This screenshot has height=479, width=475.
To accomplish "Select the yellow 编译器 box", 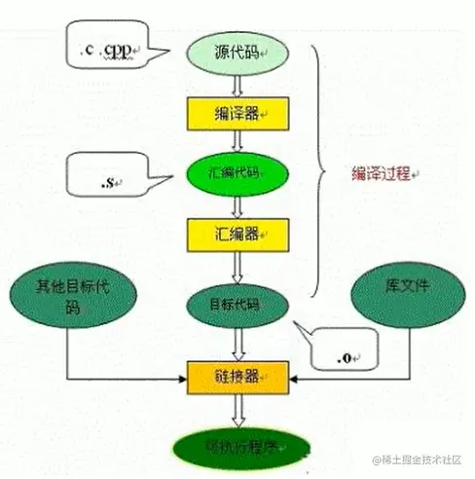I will click(237, 113).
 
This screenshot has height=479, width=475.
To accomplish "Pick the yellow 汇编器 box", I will click(237, 235).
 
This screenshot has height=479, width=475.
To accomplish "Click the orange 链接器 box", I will click(237, 373).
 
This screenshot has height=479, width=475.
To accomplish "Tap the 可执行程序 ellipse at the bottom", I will click(237, 450).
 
